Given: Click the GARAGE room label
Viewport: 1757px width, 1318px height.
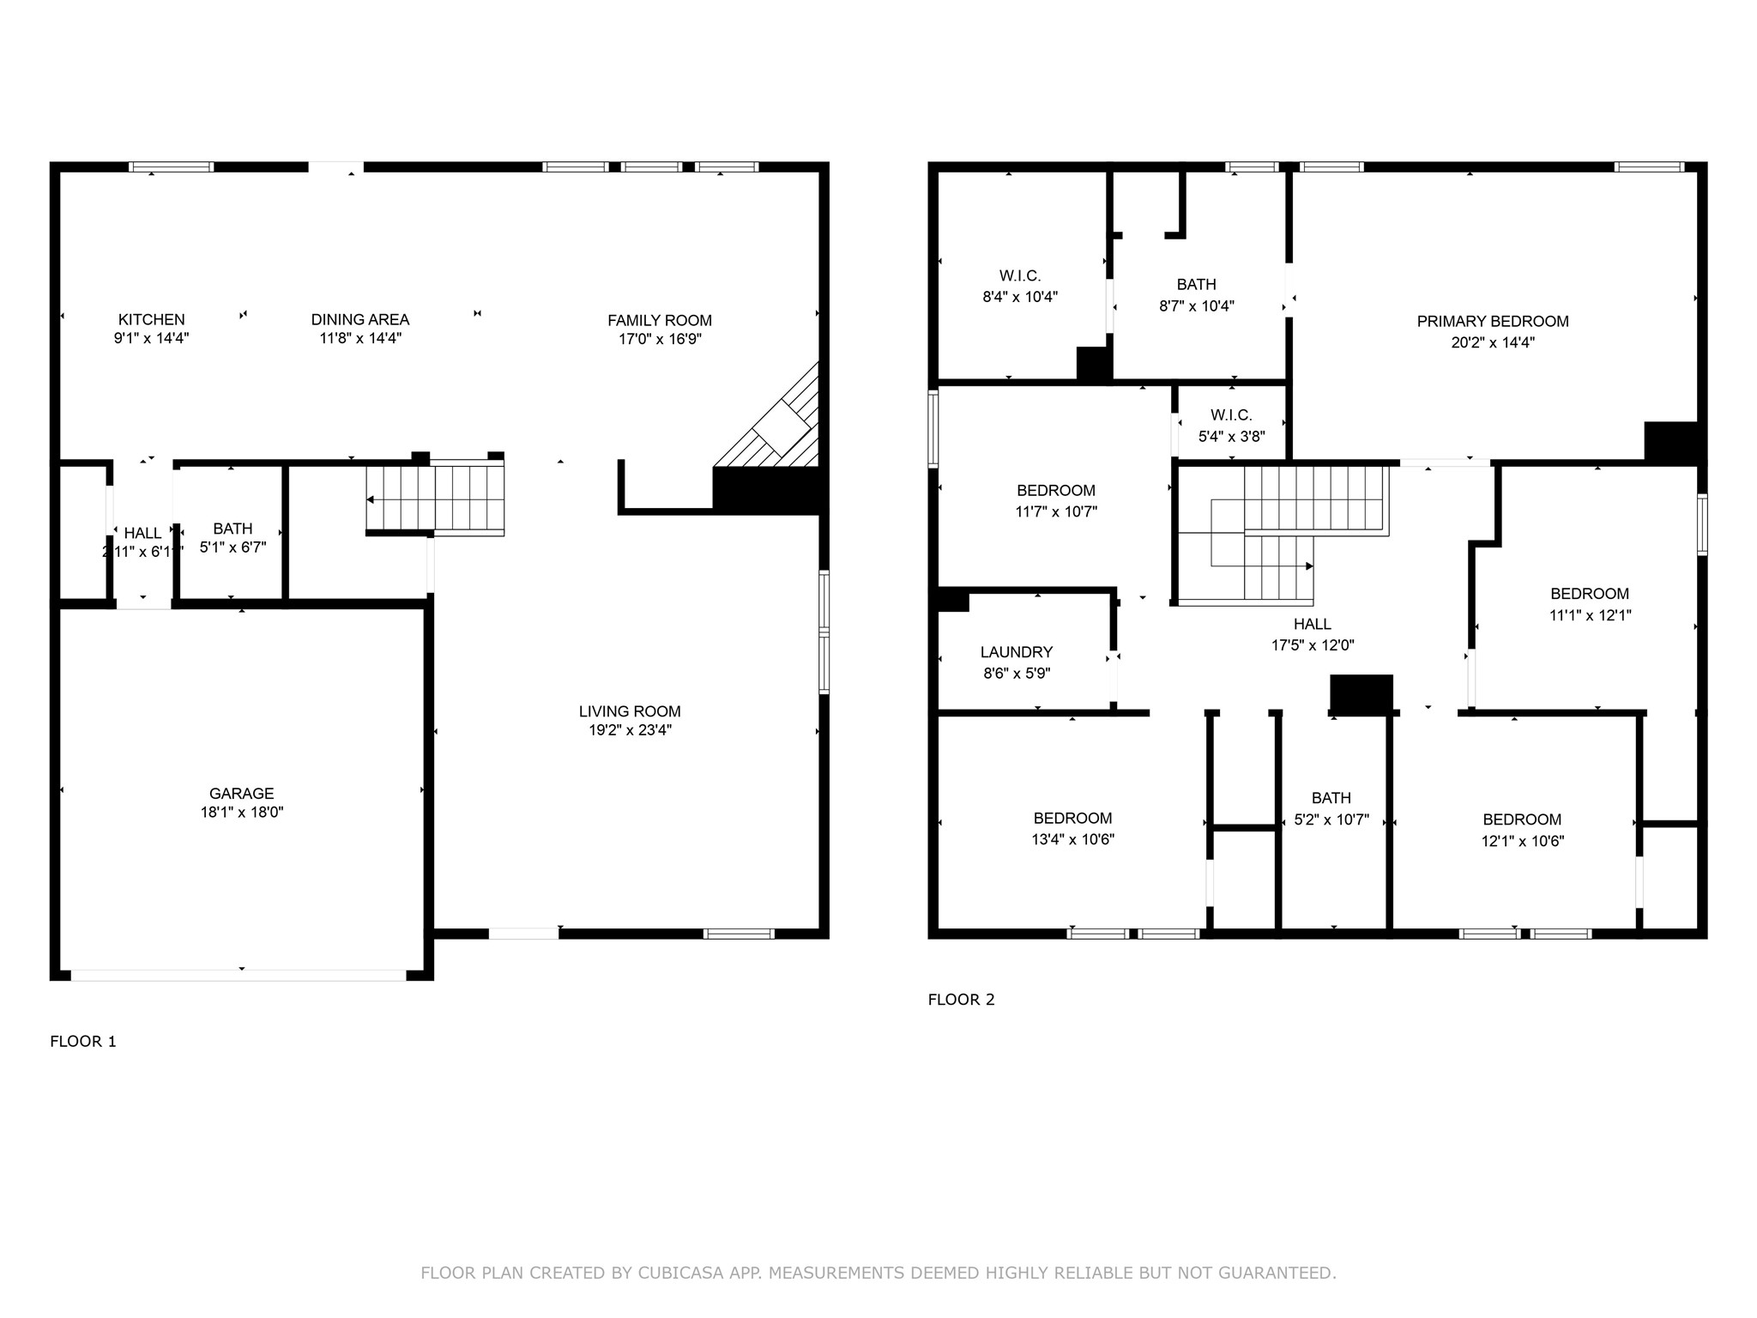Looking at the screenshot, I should pos(241,794).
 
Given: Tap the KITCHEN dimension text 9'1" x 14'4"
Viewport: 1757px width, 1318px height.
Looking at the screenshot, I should pos(151,338).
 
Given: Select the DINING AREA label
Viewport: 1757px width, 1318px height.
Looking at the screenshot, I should pos(359,319).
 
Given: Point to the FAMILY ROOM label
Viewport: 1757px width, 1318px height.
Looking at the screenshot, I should pos(659,320).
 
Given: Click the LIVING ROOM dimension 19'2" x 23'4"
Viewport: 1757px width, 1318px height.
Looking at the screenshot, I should pos(629,730).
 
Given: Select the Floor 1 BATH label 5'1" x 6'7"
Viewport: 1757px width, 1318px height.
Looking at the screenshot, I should pos(232,529).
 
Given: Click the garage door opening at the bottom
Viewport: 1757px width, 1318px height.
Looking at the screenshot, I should pos(238,975).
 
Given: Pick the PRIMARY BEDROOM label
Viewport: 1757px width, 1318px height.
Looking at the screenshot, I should pos(1492,321).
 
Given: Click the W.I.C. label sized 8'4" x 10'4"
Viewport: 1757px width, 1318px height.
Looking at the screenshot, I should pos(1019,275).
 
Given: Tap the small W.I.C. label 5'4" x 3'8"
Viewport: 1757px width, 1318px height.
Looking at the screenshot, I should pos(1231,415).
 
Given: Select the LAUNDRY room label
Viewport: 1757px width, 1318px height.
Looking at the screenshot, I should pos(1016,652).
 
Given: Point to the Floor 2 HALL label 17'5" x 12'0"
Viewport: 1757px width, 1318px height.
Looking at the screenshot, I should pos(1312,624).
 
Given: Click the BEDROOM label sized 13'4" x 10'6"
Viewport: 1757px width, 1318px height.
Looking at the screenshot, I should pos(1072,818).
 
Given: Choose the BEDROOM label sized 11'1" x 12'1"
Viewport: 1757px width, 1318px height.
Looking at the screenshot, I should pos(1589,594).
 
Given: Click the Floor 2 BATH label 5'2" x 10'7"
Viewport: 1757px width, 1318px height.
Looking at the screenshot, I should pos(1331,798).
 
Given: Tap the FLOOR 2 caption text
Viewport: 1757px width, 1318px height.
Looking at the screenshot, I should pos(961,1000).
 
